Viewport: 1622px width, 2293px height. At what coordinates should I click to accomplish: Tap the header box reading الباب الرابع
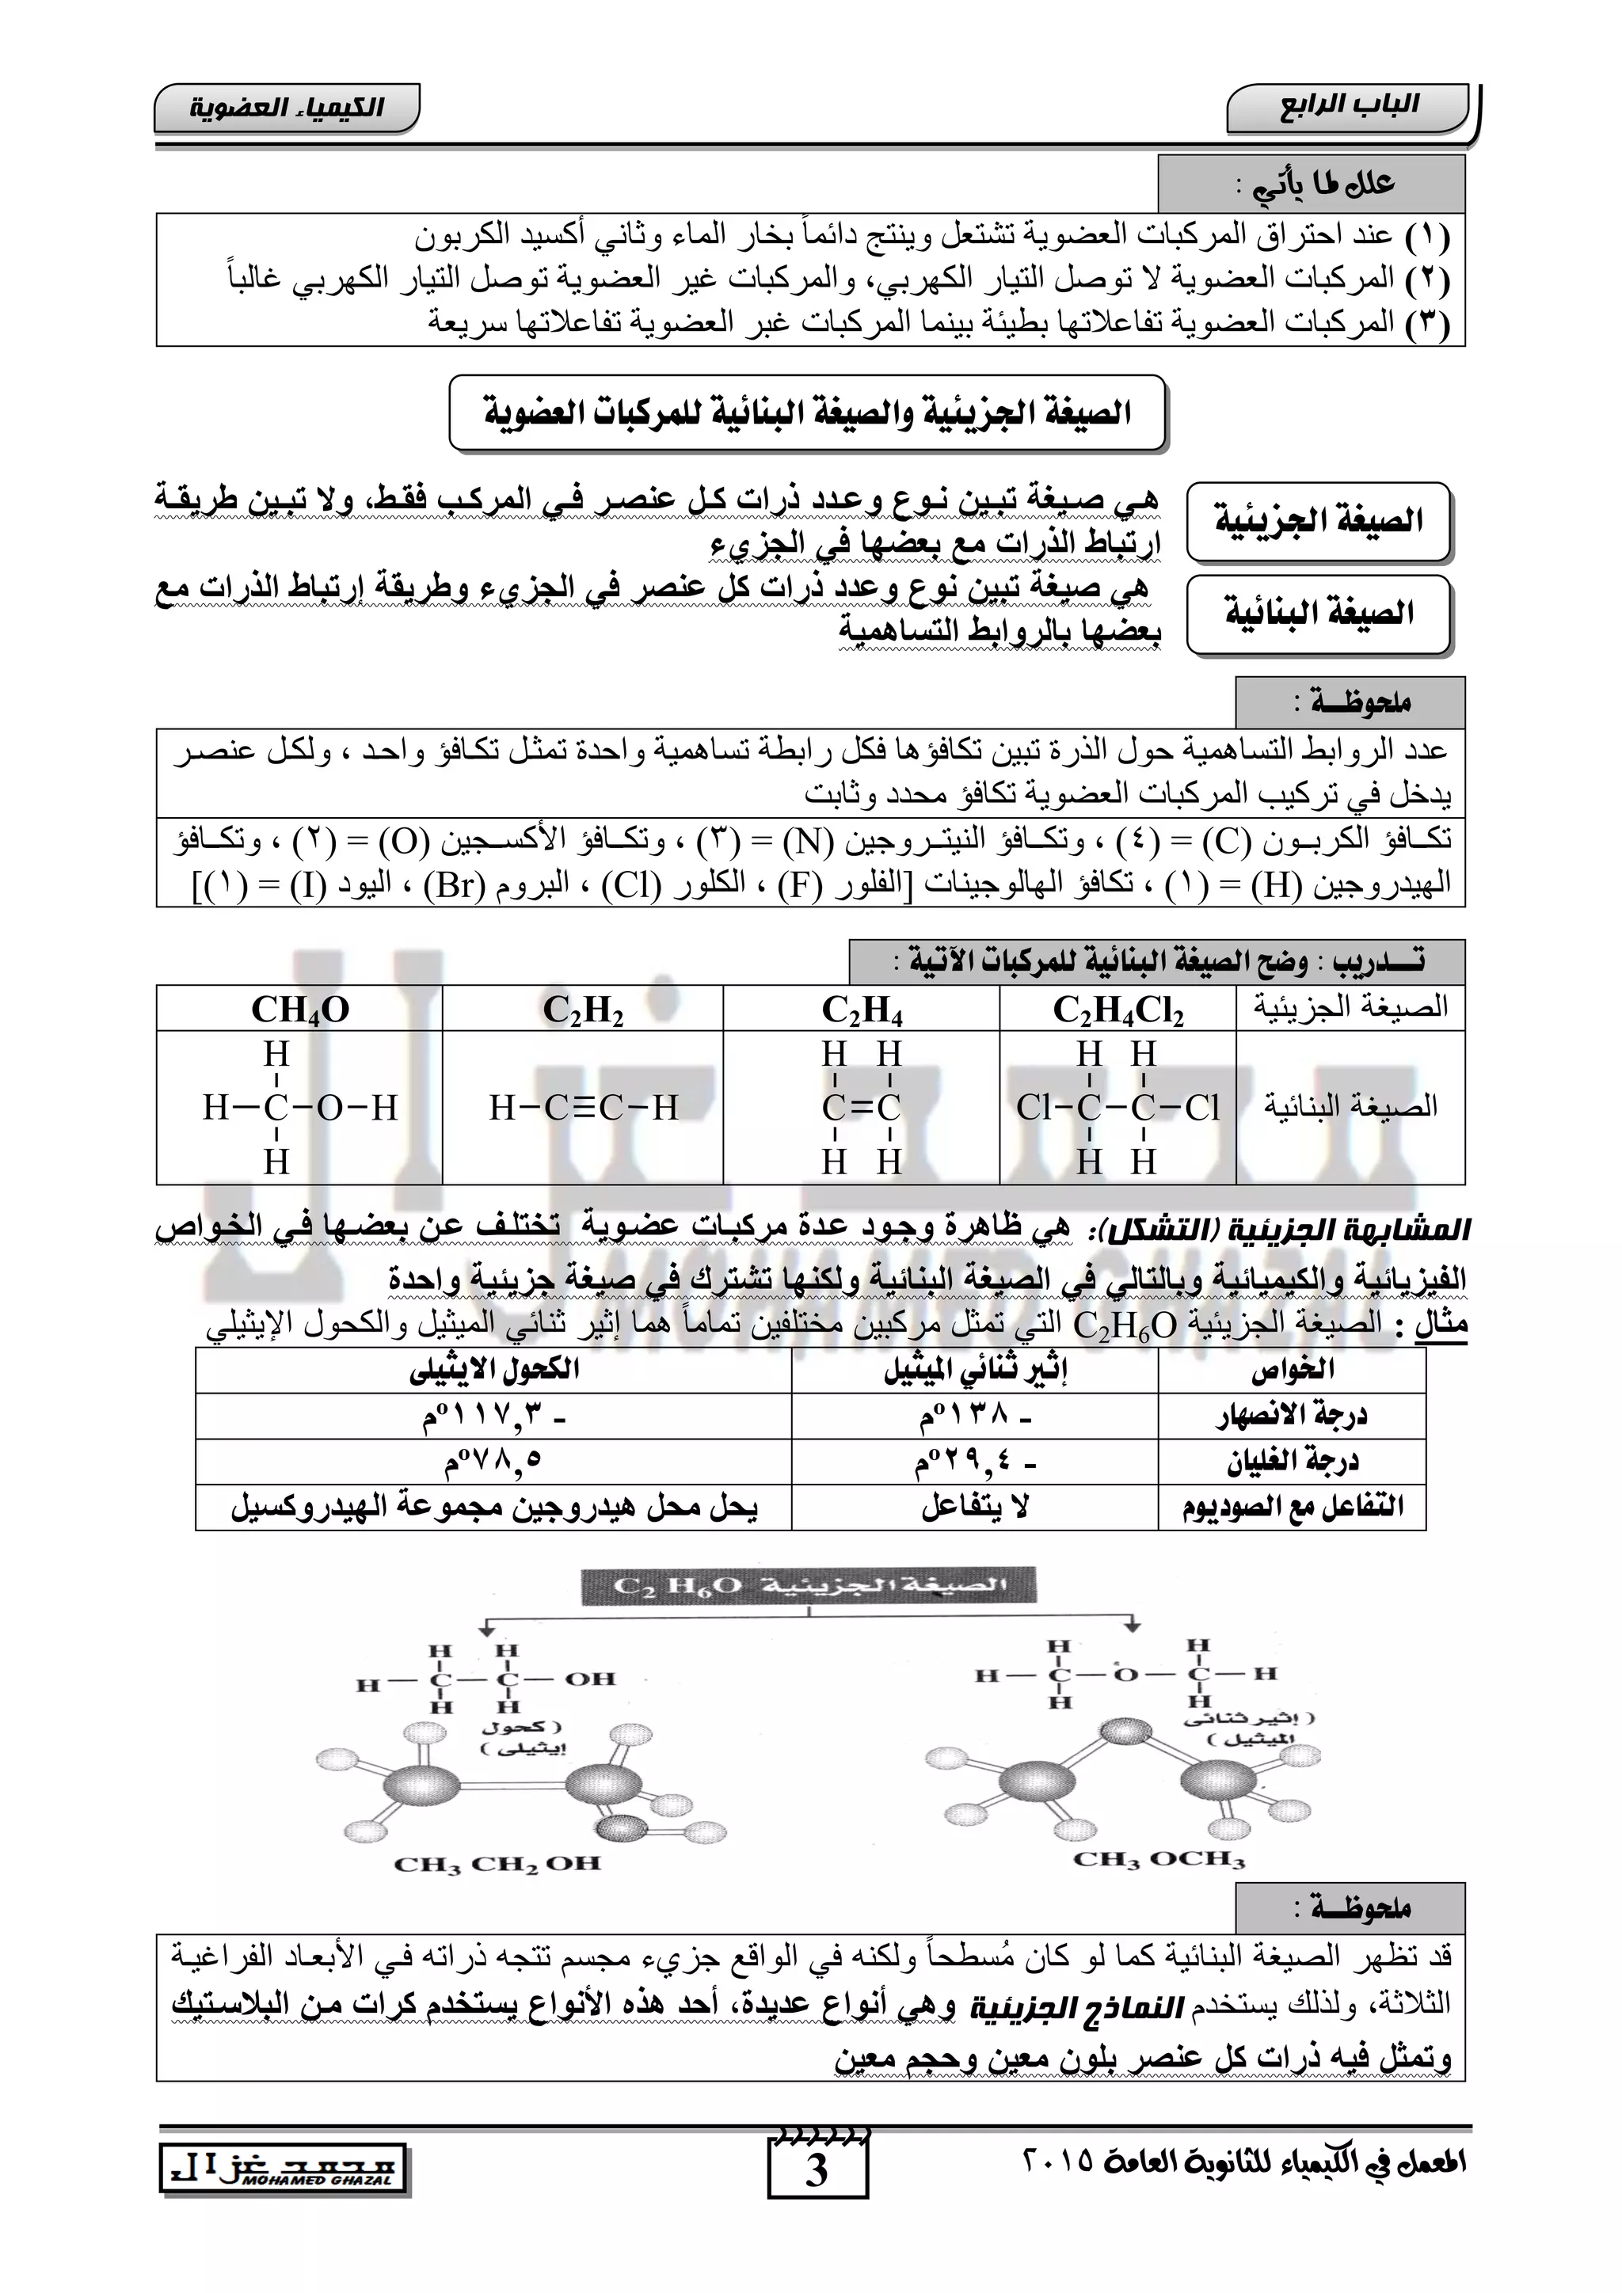1348,108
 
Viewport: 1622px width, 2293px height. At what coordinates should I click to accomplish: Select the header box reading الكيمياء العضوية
287,108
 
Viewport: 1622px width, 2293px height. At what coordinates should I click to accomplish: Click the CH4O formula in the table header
299,1009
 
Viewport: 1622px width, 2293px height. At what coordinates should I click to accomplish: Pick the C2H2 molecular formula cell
583,1009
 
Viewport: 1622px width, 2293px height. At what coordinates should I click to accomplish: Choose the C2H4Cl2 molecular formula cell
1118,1009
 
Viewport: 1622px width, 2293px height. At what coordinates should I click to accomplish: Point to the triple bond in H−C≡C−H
583,1108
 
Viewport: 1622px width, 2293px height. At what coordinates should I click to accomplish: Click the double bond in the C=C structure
861,1108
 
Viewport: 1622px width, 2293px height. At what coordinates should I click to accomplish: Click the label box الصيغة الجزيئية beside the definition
1319,520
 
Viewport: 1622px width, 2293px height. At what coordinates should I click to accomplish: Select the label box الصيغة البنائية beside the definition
1319,613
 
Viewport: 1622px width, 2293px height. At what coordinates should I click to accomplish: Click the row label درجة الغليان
1293,1462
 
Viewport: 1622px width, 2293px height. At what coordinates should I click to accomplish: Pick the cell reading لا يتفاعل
975,1507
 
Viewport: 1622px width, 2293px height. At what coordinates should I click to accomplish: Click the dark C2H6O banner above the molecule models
808,1586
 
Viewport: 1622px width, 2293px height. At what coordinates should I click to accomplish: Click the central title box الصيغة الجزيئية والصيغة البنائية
807,413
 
